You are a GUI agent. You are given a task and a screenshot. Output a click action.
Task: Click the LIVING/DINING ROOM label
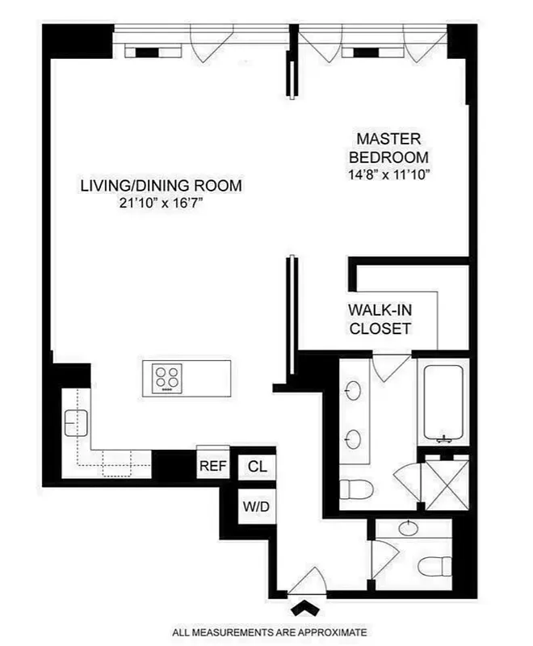161,186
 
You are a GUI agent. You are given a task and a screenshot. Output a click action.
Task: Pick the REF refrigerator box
214,466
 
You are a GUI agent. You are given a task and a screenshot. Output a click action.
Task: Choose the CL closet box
257,466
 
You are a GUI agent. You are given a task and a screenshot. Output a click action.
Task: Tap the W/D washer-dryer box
257,507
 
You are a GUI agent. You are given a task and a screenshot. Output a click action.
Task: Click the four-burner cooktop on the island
168,377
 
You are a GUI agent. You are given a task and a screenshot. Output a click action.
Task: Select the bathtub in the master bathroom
440,404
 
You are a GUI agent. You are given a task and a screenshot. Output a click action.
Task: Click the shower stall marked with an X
447,482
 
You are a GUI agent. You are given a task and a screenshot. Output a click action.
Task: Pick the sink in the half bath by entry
408,530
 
